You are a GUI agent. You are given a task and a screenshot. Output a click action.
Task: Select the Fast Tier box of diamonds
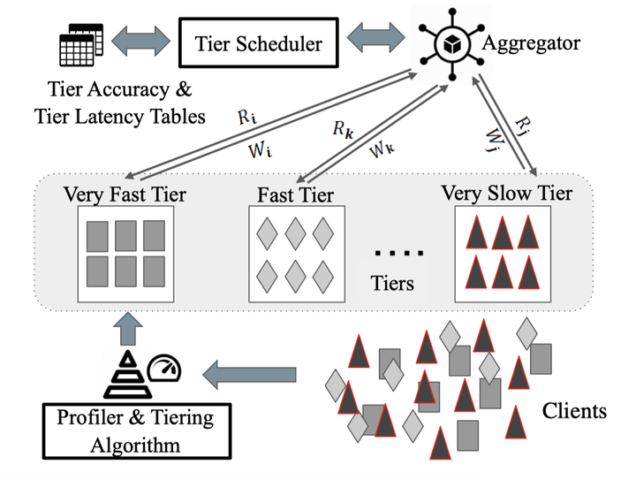295,252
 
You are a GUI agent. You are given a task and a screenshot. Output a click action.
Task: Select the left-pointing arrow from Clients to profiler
251,376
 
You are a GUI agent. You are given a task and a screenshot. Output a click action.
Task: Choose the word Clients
573,411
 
